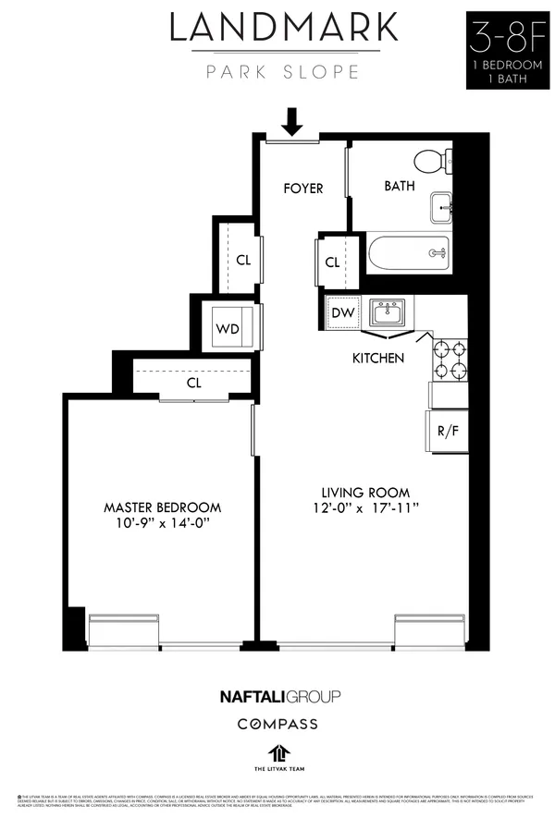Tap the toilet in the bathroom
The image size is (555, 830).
coord(428,163)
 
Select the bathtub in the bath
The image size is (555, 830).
coord(408,252)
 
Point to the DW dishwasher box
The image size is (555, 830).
coord(342,312)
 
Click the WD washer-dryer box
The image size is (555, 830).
coord(228,329)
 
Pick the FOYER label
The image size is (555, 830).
coord(303,189)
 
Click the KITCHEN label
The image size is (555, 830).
coord(377,358)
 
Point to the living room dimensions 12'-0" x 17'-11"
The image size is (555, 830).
coord(364,507)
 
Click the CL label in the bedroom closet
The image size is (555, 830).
coord(194,382)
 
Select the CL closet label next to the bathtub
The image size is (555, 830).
coord(333,262)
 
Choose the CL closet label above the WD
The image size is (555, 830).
coord(242,260)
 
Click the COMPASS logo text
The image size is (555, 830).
coord(277,724)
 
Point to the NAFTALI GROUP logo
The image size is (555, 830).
coord(278,696)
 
